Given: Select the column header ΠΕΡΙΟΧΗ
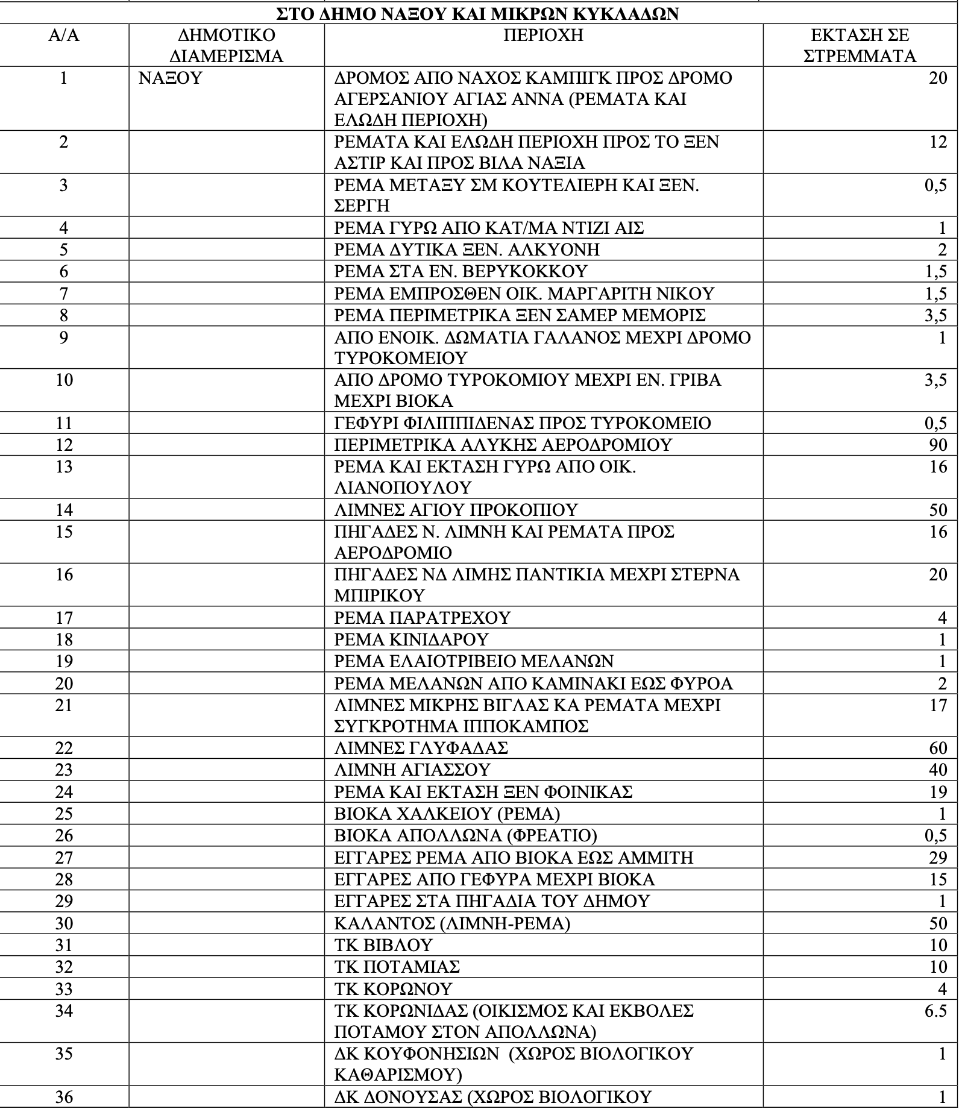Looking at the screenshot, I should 543,35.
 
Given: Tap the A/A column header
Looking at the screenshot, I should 64,35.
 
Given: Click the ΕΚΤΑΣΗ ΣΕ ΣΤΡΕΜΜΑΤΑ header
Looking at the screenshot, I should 860,45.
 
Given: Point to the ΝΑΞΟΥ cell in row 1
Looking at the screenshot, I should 171,78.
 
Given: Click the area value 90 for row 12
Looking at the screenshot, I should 938,445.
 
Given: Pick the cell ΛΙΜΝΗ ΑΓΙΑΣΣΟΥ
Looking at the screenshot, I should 412,770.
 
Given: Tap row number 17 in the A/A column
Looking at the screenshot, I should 64,617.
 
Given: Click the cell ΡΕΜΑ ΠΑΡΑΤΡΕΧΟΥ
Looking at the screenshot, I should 422,617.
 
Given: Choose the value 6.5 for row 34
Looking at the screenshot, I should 935,1010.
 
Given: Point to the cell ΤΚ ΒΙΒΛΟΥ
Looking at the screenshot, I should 383,945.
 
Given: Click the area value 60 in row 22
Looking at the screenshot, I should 938,748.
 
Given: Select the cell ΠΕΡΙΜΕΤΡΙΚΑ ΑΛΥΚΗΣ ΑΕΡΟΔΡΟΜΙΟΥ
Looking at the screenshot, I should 503,445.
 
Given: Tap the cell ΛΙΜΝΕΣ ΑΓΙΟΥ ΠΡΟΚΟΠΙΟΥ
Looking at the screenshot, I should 456,510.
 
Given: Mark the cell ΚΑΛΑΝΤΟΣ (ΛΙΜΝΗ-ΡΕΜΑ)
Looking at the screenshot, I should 452,923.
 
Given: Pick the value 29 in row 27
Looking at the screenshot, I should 938,857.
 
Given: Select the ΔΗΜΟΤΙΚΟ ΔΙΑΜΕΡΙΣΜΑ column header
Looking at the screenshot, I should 226,45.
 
